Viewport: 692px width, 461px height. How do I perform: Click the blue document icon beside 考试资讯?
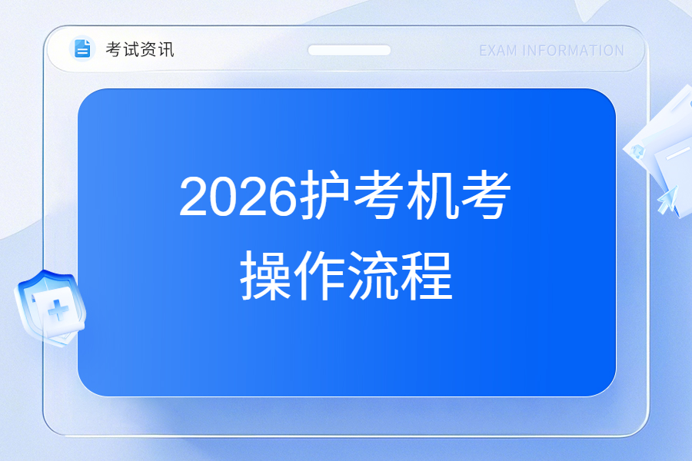tap(82, 48)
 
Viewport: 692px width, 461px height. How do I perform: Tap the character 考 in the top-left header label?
tap(114, 49)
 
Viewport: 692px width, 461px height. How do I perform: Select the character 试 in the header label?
tap(131, 49)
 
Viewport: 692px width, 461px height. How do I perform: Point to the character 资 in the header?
tap(148, 49)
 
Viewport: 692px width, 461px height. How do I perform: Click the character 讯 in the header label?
tap(165, 49)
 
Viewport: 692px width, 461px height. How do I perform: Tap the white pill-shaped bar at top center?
tap(349, 50)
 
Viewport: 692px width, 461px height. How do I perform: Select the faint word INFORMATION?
tap(573, 51)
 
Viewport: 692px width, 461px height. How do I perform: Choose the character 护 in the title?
tap(324, 194)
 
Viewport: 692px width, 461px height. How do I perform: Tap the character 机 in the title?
tap(431, 194)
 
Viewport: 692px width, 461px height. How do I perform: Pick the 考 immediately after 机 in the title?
tap(485, 194)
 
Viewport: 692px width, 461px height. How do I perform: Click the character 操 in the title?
tap(265, 275)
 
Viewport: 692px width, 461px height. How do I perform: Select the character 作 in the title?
tap(319, 275)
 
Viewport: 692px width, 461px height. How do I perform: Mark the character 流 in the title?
tap(373, 275)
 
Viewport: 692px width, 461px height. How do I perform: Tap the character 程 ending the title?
tap(427, 275)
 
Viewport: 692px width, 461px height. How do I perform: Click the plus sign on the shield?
tap(58, 310)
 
